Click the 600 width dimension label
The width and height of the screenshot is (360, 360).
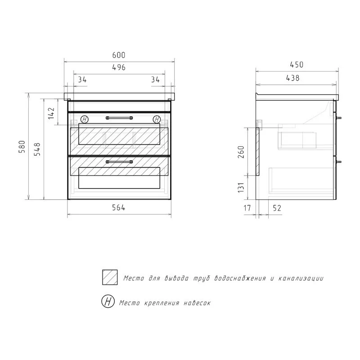119,55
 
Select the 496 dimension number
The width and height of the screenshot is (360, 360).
119,67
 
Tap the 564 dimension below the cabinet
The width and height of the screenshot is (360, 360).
118,207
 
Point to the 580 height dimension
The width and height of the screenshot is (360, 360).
22,147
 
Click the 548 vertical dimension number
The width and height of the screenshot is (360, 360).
37,149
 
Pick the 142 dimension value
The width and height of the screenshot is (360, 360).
51,113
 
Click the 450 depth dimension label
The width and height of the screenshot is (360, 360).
297,65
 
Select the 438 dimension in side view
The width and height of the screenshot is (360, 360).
293,78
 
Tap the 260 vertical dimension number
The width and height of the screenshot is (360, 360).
241,152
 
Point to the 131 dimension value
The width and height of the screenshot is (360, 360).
241,188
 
